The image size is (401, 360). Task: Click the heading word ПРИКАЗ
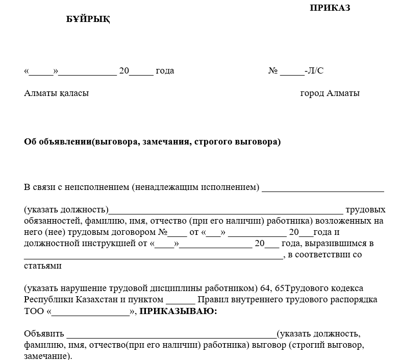(330, 8)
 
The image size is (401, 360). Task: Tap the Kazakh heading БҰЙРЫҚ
(88, 19)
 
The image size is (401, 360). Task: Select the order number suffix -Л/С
(314, 70)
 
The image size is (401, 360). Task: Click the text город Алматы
(330, 93)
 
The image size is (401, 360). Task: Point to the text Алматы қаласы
(56, 93)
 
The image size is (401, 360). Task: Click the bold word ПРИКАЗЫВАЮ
(178, 311)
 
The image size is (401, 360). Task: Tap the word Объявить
(43, 334)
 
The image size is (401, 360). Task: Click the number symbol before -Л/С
(272, 70)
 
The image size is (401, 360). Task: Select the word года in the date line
(164, 70)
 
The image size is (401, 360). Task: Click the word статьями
(43, 266)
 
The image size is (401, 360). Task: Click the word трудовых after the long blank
(365, 210)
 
